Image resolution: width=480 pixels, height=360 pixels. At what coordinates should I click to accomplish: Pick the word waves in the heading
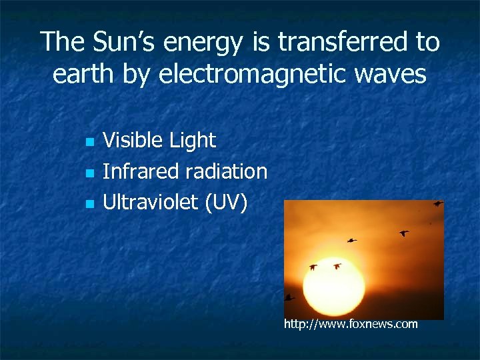[x=393, y=75]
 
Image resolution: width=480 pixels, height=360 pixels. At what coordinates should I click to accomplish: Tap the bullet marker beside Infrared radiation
[x=89, y=173]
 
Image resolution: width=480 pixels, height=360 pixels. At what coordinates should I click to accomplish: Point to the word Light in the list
[x=193, y=140]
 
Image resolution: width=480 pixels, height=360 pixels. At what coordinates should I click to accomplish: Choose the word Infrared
[x=141, y=171]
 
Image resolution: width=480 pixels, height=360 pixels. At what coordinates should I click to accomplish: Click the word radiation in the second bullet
[x=226, y=171]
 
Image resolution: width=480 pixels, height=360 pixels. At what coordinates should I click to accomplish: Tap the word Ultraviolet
[x=151, y=202]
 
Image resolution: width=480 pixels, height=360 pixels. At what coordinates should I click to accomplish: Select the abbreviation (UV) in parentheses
[x=226, y=203]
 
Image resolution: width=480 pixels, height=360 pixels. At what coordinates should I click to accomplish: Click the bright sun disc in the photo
[x=333, y=287]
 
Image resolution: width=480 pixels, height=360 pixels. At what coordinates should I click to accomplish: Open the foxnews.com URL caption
[x=351, y=325]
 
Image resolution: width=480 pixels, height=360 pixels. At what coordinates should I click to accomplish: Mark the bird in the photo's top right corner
[x=437, y=203]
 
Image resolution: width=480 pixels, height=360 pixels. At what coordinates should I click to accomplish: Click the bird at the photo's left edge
[x=289, y=297]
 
